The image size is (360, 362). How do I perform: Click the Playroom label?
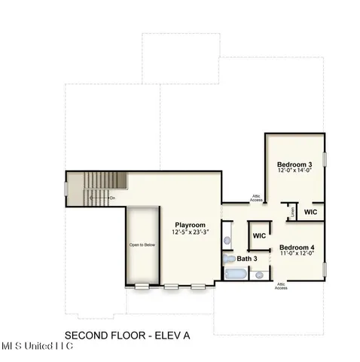pyautogui.click(x=191, y=225)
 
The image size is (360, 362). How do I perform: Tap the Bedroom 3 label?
pyautogui.click(x=294, y=164)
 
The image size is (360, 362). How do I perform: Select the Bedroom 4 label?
pyautogui.click(x=297, y=247)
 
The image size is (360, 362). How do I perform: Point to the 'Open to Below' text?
pyautogui.click(x=142, y=245)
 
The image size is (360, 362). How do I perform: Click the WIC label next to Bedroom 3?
pyautogui.click(x=310, y=213)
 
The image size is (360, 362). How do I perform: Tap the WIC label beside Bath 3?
pyautogui.click(x=259, y=236)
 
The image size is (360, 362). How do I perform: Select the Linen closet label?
pyautogui.click(x=292, y=213)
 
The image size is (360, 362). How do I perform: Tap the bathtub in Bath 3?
pyautogui.click(x=233, y=275)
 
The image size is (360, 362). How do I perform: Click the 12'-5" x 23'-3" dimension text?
pyautogui.click(x=191, y=232)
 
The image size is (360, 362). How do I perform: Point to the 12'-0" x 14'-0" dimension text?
pyautogui.click(x=294, y=171)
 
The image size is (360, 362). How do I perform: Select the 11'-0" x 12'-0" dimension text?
pyautogui.click(x=297, y=254)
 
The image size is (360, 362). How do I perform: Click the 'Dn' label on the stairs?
pyautogui.click(x=111, y=198)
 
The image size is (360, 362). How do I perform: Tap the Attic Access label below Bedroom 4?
pyautogui.click(x=280, y=286)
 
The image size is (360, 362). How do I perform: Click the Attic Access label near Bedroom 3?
pyautogui.click(x=256, y=199)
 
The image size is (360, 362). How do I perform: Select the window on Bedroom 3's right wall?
pyautogui.click(x=325, y=161)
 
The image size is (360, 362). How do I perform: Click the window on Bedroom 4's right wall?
pyautogui.click(x=325, y=269)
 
